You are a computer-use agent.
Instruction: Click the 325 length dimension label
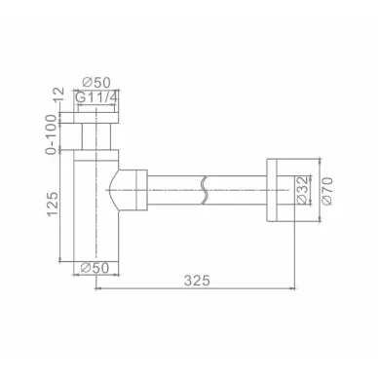[197, 280]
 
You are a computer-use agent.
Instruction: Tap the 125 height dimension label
[53, 204]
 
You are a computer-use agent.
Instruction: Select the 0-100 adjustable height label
[53, 134]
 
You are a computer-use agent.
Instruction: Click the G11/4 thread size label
[96, 97]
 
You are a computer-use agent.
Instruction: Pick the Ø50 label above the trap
[96, 82]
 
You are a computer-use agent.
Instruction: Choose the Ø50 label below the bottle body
[94, 268]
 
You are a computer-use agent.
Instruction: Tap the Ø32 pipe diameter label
[302, 190]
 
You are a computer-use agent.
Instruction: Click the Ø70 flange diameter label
[327, 191]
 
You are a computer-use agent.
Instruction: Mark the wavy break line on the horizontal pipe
[205, 190]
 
